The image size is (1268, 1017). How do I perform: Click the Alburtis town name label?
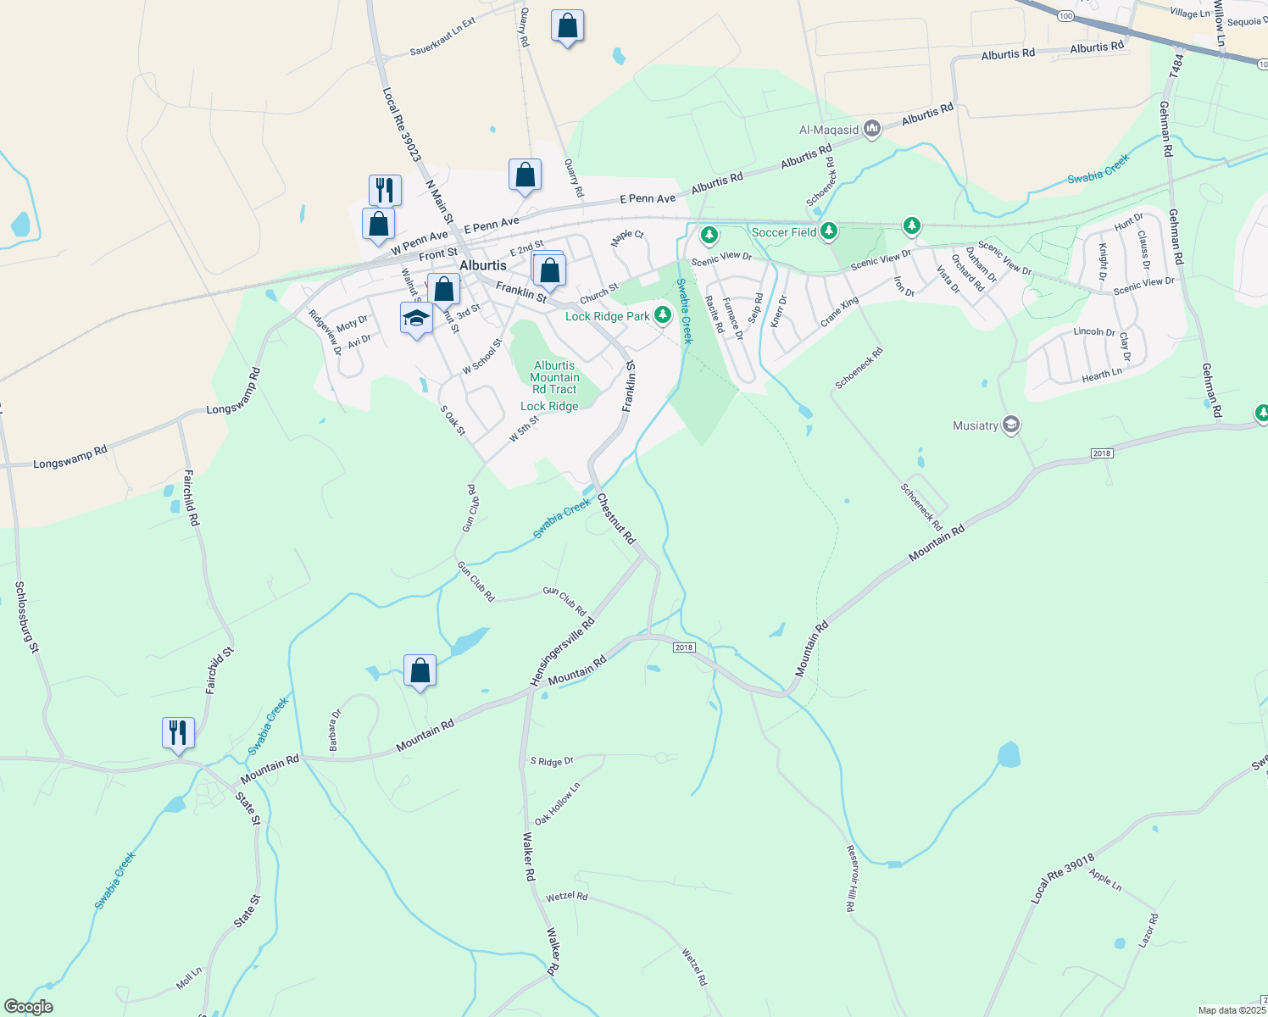pos(482,265)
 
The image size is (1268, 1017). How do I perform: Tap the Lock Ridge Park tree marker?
pos(663,315)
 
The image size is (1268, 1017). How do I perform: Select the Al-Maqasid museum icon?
pos(872,129)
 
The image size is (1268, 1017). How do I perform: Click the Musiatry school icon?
pos(1010,425)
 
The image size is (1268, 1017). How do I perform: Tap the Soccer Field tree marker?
pos(829,231)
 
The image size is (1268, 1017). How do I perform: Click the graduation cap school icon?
pos(416,318)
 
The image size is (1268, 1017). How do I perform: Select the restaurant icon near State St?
pos(178,731)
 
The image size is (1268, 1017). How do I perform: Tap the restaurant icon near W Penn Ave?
pos(385,190)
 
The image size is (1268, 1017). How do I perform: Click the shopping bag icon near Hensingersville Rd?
pos(420,670)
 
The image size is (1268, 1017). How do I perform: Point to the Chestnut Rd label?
pos(616,519)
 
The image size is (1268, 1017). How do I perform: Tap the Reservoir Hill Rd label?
pos(851,878)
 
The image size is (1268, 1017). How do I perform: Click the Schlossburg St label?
pos(28,617)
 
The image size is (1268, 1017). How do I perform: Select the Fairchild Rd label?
pos(191,498)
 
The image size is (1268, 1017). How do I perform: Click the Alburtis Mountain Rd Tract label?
pos(554,378)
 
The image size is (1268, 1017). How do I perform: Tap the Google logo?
pos(28,1007)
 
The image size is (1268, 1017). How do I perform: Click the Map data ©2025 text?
pos(1232,1010)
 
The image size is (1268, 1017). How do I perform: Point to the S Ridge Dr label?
pos(552,762)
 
